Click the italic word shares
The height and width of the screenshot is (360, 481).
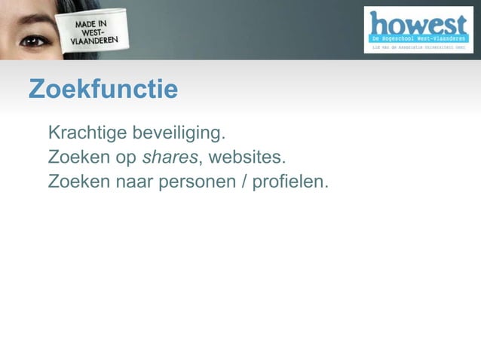tap(170, 158)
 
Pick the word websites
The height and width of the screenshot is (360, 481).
tap(247, 158)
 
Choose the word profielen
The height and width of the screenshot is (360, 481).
tap(290, 182)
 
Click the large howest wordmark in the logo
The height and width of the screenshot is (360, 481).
tap(418, 23)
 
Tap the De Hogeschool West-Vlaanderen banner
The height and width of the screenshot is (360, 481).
tap(418, 38)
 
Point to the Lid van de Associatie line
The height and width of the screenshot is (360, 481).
tap(418, 47)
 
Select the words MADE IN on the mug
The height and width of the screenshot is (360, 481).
tap(90, 25)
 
